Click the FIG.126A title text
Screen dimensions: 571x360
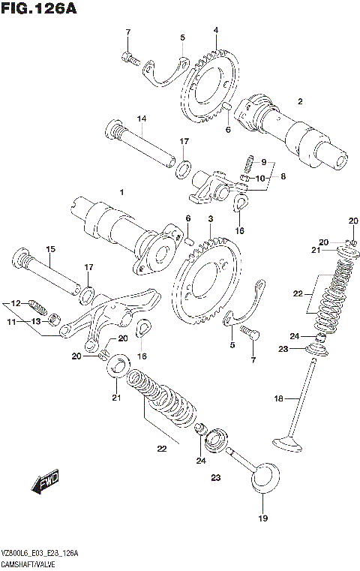pos(41,9)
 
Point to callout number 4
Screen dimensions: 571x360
pos(215,30)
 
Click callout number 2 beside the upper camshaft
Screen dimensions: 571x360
pos(299,101)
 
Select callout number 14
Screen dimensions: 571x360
pos(140,119)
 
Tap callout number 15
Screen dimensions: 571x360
pos(51,249)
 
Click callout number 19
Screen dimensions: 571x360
pos(262,518)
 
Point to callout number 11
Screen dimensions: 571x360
pos(10,321)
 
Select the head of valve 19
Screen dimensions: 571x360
pos(265,476)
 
